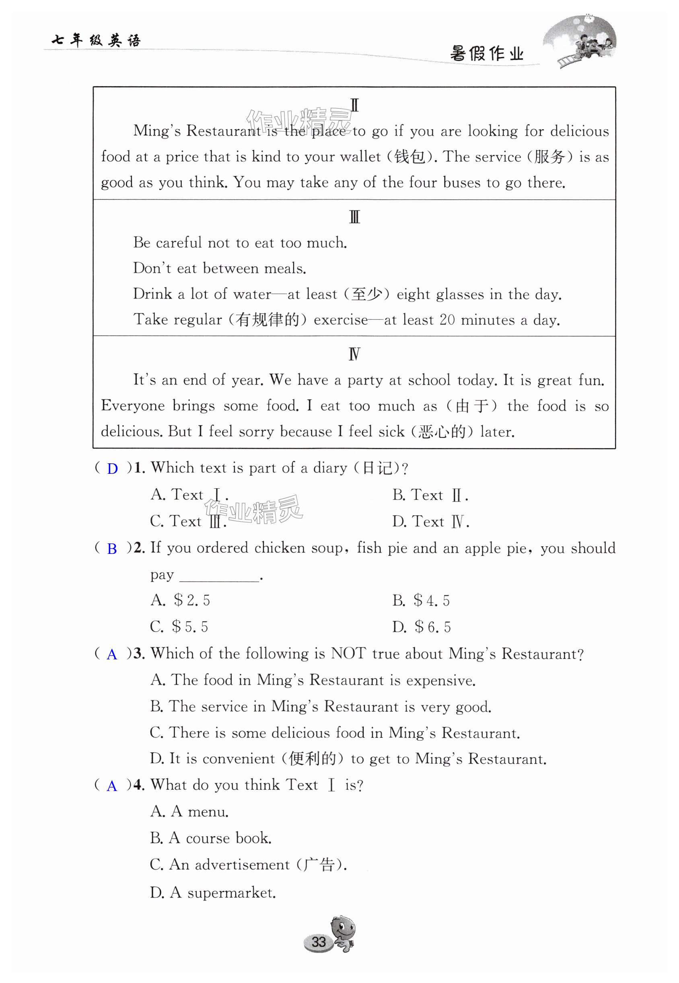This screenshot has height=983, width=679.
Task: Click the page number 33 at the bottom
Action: pyautogui.click(x=319, y=941)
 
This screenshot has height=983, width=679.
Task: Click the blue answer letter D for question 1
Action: pyautogui.click(x=112, y=469)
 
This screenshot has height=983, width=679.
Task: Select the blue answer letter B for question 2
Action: pyautogui.click(x=112, y=549)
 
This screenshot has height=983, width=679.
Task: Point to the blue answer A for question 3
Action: pyautogui.click(x=112, y=655)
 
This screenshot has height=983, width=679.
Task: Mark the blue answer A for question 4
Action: pyautogui.click(x=112, y=786)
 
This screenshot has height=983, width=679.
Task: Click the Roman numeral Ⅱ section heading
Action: pyautogui.click(x=354, y=105)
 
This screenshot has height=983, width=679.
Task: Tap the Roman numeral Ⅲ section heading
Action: pyautogui.click(x=354, y=217)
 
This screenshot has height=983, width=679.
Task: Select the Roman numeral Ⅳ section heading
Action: pyautogui.click(x=354, y=354)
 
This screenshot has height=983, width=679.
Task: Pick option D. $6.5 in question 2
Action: pyautogui.click(x=421, y=627)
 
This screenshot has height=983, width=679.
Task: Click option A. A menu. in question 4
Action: pyautogui.click(x=189, y=812)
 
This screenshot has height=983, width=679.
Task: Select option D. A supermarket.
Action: pyautogui.click(x=213, y=893)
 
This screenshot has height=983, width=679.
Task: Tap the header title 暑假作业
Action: pyautogui.click(x=487, y=54)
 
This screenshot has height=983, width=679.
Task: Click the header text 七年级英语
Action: pyautogui.click(x=96, y=40)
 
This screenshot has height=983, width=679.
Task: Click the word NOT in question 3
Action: pyautogui.click(x=348, y=653)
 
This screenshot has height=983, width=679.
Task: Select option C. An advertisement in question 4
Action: pyautogui.click(x=248, y=865)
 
